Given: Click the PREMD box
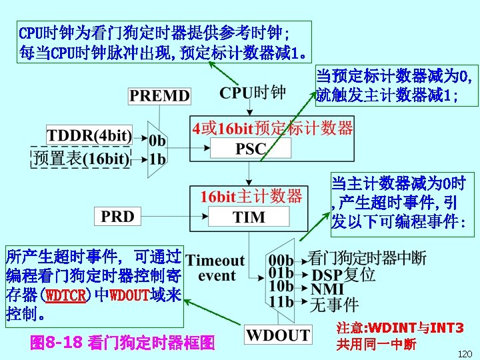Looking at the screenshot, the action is [x=159, y=95].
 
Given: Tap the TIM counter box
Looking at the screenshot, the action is [x=249, y=217].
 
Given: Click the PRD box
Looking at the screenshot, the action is [x=117, y=216].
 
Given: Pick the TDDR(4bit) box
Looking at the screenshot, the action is [x=89, y=135].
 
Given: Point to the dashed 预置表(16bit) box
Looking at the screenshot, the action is [x=81, y=158].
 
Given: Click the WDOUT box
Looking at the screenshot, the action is [x=278, y=335].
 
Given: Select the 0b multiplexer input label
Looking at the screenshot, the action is [x=157, y=141].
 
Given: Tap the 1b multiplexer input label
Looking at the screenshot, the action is [x=157, y=159].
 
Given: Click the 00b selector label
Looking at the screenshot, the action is [x=281, y=259].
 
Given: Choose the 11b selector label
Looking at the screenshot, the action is [x=281, y=301].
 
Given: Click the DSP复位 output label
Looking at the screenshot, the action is [x=343, y=275].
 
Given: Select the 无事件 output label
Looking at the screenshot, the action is [x=335, y=305].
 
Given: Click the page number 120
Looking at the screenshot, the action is [x=465, y=353].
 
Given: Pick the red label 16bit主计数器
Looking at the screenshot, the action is [x=251, y=196].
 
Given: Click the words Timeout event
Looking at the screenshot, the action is [x=216, y=267].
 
